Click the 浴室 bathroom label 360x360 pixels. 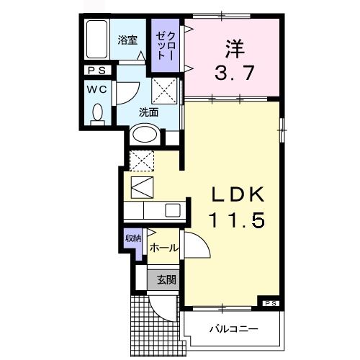tap(127, 40)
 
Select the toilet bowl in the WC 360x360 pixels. tap(97, 113)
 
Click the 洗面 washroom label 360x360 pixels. tap(148, 112)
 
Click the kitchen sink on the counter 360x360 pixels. tap(174, 210)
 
